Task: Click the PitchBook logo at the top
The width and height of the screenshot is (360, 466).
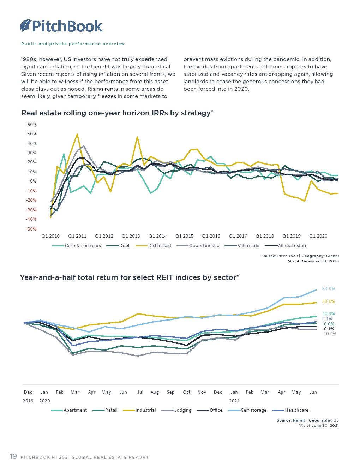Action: pyautogui.click(x=61, y=26)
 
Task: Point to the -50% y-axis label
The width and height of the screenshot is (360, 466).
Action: pyautogui.click(x=31, y=229)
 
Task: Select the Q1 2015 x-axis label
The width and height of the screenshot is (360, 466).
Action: pyautogui.click(x=184, y=236)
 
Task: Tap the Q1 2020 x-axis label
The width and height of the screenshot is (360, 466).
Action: pyautogui.click(x=318, y=236)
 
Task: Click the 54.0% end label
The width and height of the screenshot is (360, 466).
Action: pyautogui.click(x=328, y=289)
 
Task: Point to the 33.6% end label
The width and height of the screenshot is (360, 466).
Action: pyautogui.click(x=328, y=301)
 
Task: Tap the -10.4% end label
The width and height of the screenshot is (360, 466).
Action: pyautogui.click(x=329, y=334)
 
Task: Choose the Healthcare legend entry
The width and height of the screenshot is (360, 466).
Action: pyautogui.click(x=296, y=410)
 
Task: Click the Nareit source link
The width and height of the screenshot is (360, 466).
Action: pyautogui.click(x=299, y=420)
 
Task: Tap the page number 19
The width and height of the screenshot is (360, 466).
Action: pyautogui.click(x=13, y=456)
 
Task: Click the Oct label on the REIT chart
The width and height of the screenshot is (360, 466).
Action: pyautogui.click(x=187, y=392)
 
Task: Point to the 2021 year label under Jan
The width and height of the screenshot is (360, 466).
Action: pyautogui.click(x=234, y=401)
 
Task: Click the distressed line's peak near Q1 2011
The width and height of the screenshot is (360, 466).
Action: pyautogui.click(x=77, y=134)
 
